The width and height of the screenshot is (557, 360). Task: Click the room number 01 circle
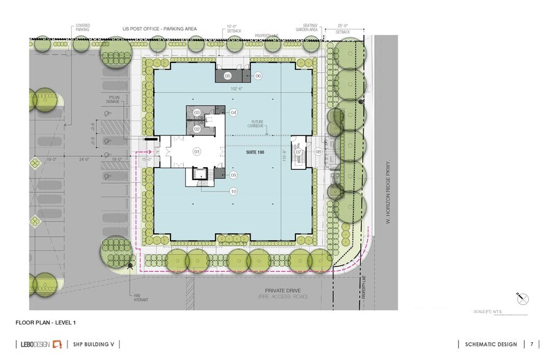click(x=197, y=151)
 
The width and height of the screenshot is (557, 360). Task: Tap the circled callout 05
click(x=227, y=76)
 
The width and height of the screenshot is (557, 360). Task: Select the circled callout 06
click(x=258, y=76)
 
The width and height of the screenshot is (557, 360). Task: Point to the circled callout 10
click(x=233, y=191)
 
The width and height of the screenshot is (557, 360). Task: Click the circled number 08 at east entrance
click(x=318, y=151)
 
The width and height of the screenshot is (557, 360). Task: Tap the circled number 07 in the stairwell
click(x=298, y=151)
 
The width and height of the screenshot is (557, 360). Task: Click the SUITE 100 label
click(x=255, y=151)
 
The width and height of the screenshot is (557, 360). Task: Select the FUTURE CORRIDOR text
click(x=256, y=124)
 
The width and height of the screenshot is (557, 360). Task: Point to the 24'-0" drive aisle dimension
click(x=85, y=159)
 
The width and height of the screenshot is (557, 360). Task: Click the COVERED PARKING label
click(x=83, y=28)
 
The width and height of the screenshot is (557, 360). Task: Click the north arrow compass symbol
click(x=523, y=298)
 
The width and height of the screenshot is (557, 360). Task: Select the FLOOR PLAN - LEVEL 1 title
click(x=46, y=322)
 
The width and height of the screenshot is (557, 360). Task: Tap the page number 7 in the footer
click(x=532, y=344)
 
